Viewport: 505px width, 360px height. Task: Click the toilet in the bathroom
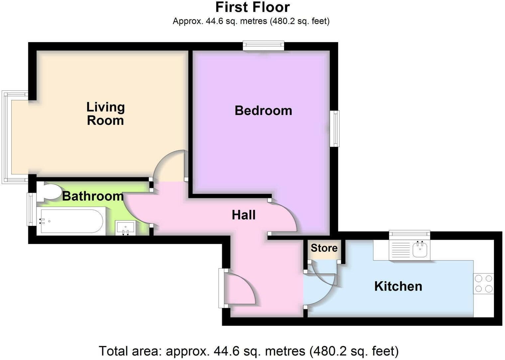(x=48, y=192)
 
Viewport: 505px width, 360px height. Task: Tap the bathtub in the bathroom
(x=71, y=221)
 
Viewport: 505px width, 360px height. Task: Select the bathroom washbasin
(x=126, y=228)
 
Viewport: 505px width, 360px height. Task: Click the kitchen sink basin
(x=420, y=249)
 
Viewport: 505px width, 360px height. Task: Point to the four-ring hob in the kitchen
(x=483, y=284)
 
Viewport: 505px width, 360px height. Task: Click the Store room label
(x=324, y=248)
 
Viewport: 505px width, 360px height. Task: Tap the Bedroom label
(x=263, y=111)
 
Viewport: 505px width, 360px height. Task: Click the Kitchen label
(x=398, y=286)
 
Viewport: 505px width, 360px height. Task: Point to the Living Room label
(x=106, y=114)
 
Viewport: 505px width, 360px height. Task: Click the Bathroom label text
(x=93, y=196)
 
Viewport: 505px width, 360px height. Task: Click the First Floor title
(x=252, y=7)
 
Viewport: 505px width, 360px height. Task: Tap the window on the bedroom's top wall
(x=263, y=45)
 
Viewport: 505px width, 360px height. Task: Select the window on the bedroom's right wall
(x=335, y=129)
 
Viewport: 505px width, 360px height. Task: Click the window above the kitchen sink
(x=410, y=235)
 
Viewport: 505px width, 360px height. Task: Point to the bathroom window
(x=32, y=209)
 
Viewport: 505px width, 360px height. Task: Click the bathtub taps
(x=42, y=221)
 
